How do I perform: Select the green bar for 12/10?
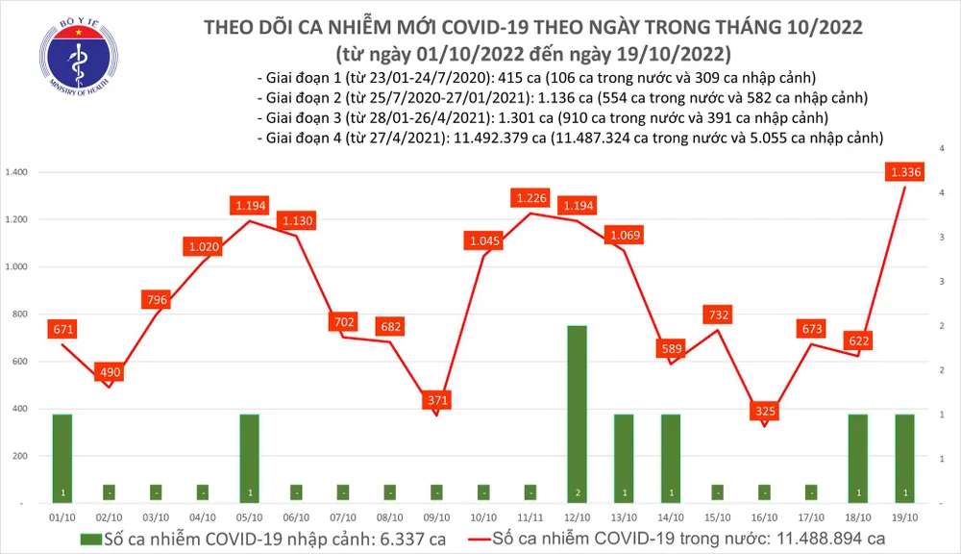click(x=577, y=414)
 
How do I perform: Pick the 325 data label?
click(x=764, y=411)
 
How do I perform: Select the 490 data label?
click(x=110, y=372)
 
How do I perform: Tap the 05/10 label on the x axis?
click(x=249, y=519)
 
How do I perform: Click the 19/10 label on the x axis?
click(x=904, y=519)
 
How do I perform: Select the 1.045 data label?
click(x=482, y=239)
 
